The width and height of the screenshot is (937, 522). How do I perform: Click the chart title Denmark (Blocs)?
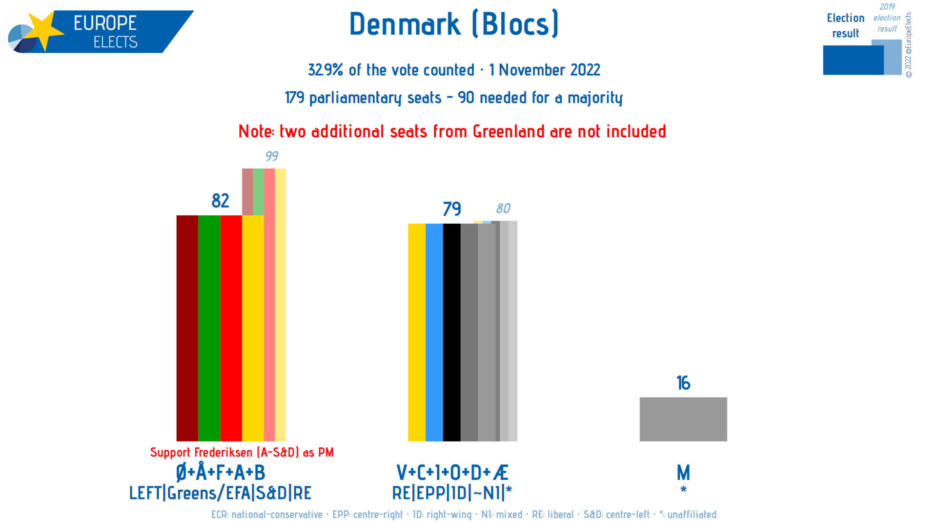(454, 24)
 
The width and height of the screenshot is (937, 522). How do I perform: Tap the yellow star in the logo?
(44, 30)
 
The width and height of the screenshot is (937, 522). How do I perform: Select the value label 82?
(220, 201)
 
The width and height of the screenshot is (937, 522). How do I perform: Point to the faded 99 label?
(271, 156)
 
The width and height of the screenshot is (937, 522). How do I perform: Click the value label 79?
(451, 209)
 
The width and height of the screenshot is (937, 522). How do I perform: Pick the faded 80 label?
(503, 209)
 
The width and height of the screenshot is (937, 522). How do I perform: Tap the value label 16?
(683, 383)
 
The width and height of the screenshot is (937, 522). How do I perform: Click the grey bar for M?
(683, 419)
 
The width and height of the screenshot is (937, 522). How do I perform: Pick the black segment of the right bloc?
(451, 332)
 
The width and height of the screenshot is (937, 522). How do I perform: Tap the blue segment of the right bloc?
(434, 332)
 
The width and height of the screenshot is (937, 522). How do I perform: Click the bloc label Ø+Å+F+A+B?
(220, 473)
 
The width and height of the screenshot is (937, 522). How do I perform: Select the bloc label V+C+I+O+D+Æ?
(452, 473)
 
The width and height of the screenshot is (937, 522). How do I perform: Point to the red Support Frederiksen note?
(242, 453)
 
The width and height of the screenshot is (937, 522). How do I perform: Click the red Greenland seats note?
(452, 132)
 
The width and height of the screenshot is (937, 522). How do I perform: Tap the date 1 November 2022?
(544, 70)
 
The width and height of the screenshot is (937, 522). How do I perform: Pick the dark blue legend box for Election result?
(853, 60)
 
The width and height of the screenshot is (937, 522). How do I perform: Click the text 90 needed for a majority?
(540, 98)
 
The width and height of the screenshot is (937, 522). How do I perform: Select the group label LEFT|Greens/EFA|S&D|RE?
(220, 493)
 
